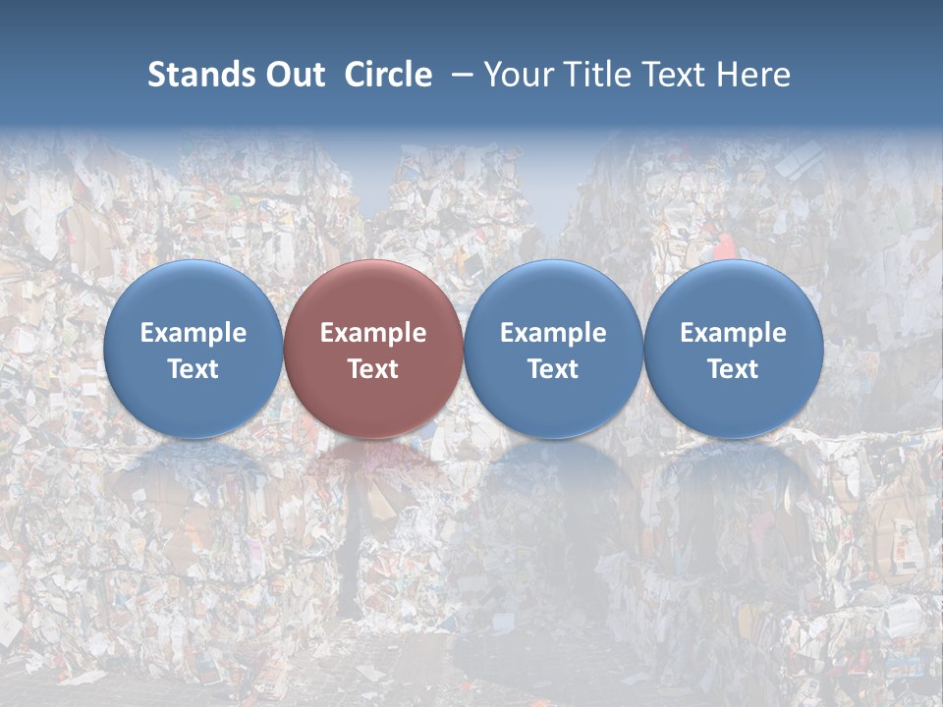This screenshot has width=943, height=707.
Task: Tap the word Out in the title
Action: (x=294, y=75)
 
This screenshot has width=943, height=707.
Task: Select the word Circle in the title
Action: (x=388, y=75)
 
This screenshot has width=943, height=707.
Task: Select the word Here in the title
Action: (x=753, y=75)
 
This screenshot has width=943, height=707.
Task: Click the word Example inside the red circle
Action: (x=373, y=333)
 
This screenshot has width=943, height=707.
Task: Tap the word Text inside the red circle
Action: (x=373, y=369)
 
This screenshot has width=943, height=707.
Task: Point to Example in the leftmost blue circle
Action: (x=193, y=333)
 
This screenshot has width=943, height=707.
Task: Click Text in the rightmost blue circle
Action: (x=733, y=369)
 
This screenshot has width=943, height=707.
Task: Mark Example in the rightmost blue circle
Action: (x=733, y=333)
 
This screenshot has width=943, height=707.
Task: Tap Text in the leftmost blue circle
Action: (x=193, y=369)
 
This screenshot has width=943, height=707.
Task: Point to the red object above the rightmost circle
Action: (x=724, y=245)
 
